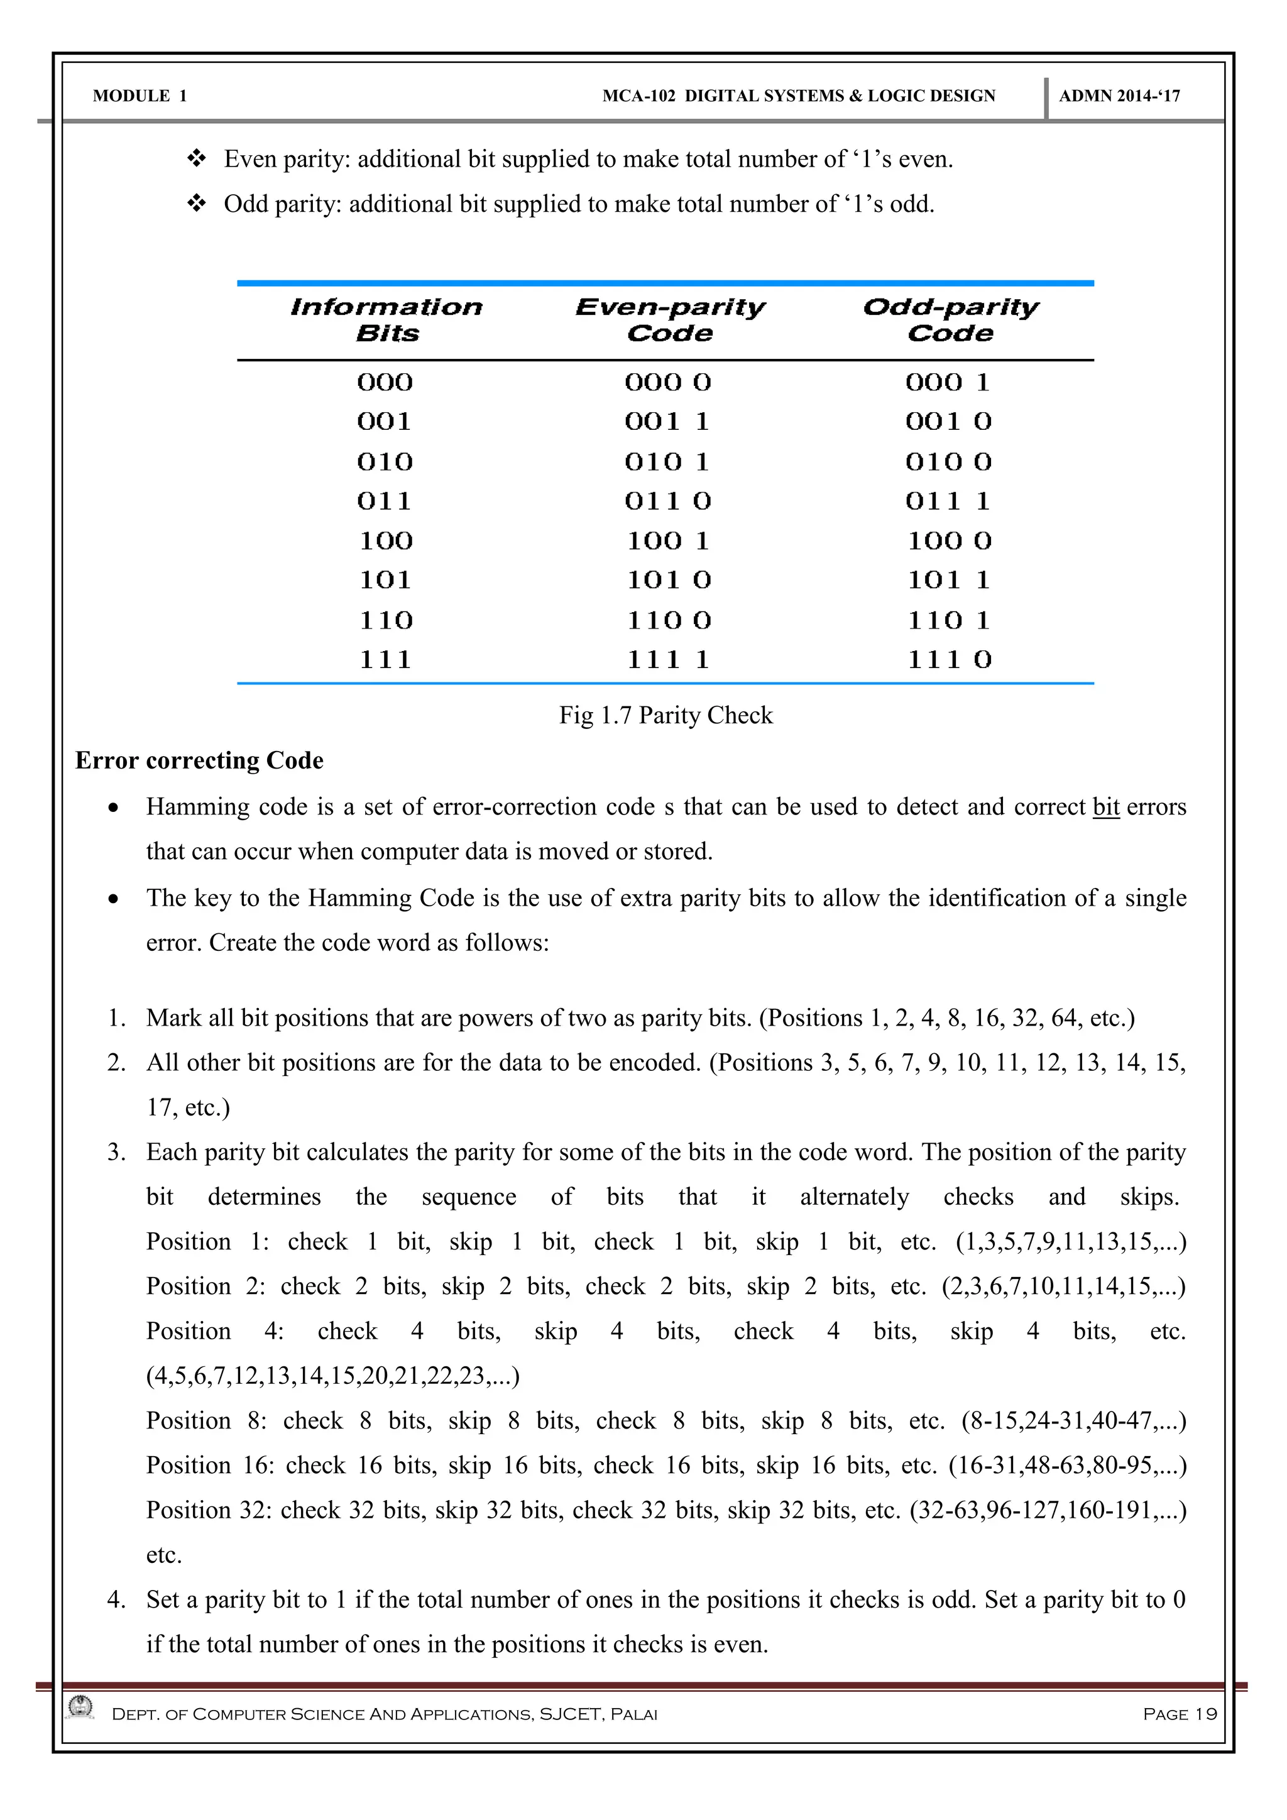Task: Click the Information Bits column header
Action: tap(386, 319)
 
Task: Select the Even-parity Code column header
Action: tap(670, 319)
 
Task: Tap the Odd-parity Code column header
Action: tap(950, 319)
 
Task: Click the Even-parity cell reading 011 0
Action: tap(668, 501)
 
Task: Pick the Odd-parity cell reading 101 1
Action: tap(949, 580)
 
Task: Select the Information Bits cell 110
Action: tap(386, 620)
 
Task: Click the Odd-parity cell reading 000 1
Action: tap(948, 383)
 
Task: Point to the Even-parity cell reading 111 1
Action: tap(668, 659)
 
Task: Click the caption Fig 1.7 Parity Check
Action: tap(665, 715)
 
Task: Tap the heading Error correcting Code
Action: tap(199, 761)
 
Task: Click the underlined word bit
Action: tap(1105, 807)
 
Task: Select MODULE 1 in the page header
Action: tap(140, 96)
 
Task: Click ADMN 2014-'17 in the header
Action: tap(1119, 96)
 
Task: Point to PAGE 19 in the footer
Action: tap(1179, 1714)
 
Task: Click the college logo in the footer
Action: tap(80, 1707)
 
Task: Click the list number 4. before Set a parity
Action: tap(116, 1599)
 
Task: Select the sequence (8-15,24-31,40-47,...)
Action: tap(1073, 1420)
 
